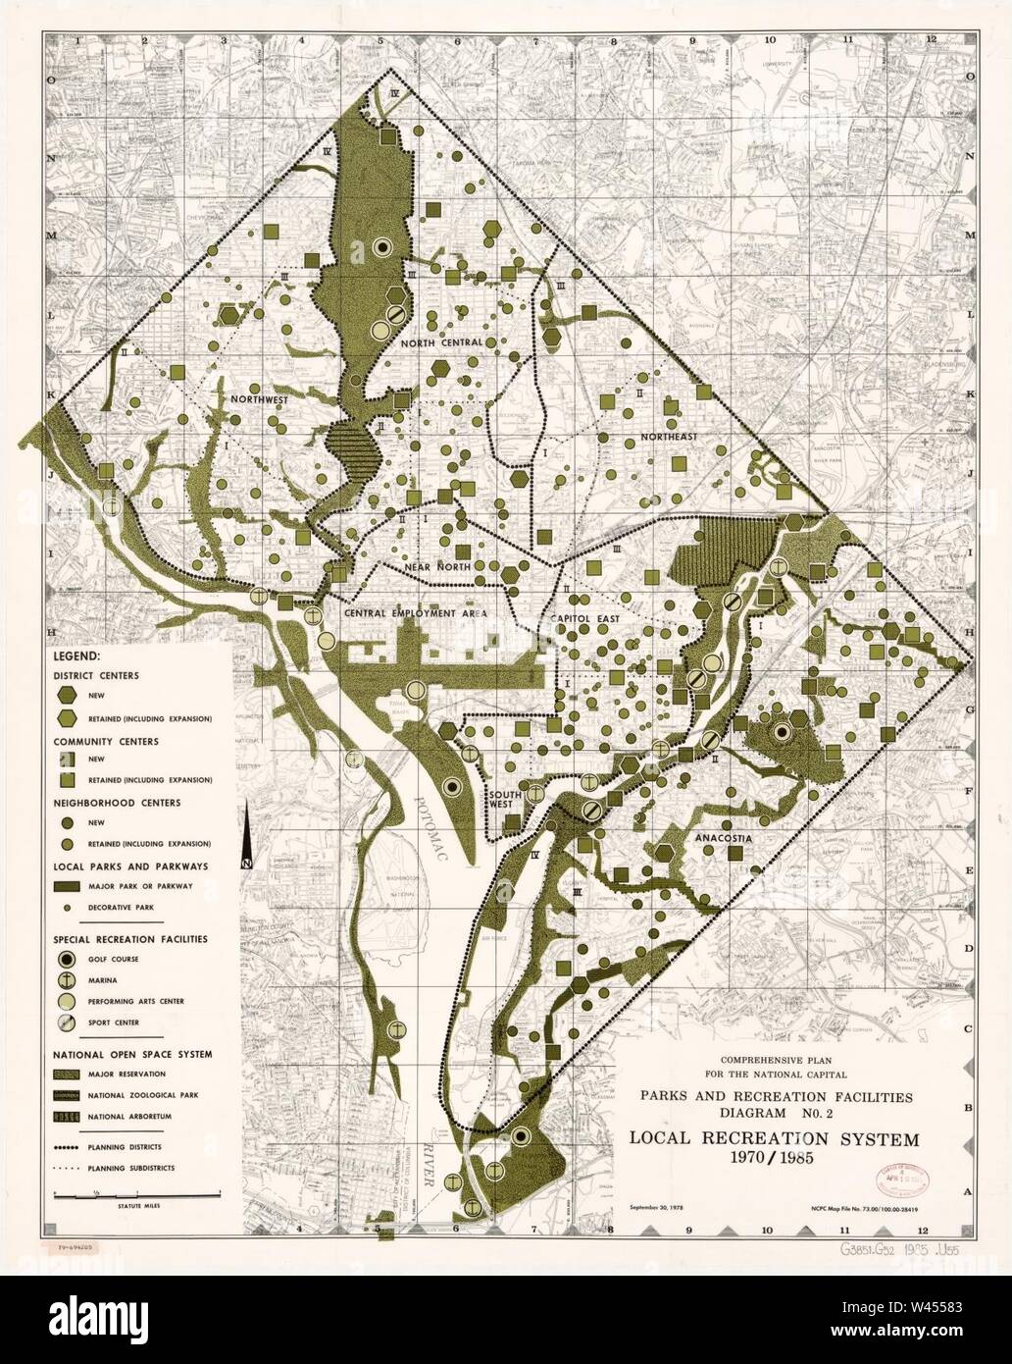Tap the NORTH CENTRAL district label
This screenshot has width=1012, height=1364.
440,342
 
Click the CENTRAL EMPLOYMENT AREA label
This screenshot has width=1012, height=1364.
415,613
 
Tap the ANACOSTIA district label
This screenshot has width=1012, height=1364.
721,840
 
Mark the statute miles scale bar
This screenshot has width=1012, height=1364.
137,1192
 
